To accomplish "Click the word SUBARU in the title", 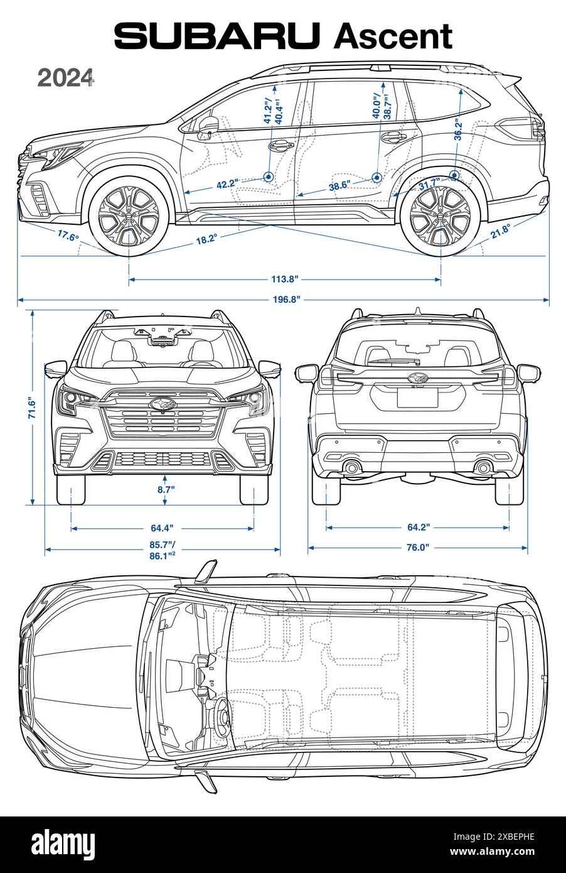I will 220,36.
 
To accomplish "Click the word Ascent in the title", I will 393,36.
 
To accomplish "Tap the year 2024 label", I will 66,78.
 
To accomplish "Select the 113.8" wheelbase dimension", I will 284,280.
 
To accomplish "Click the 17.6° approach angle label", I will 68,236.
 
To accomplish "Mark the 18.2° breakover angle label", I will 206,238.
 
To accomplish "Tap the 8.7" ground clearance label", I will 165,488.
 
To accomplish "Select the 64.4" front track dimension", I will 162,528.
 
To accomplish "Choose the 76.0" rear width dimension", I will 417,547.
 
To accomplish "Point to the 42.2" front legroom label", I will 227,184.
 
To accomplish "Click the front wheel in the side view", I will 129,214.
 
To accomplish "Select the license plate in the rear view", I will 417,397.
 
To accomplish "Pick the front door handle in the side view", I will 280,145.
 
